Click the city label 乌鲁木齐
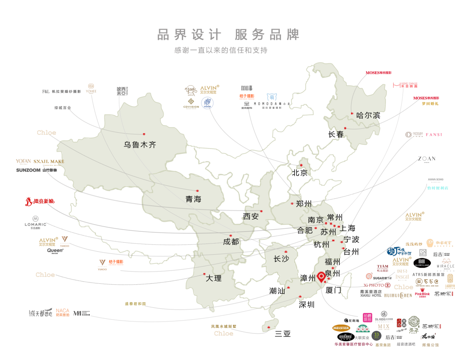pyautogui.click(x=140, y=145)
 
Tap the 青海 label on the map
pyautogui.click(x=193, y=199)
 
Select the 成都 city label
pyautogui.click(x=231, y=242)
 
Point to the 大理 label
pyautogui.click(x=214, y=278)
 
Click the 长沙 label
pyautogui.click(x=281, y=259)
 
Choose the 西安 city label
pyautogui.click(x=251, y=217)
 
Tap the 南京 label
pyautogui.click(x=315, y=220)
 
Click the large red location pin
pyautogui.click(x=321, y=277)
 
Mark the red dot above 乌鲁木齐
pyautogui.click(x=144, y=134)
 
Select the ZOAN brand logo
pyautogui.click(x=426, y=159)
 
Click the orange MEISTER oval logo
pyautogui.click(x=341, y=328)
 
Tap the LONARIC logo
pyautogui.click(x=36, y=225)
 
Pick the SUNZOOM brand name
pyautogui.click(x=28, y=170)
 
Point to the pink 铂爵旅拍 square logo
pyautogui.click(x=367, y=317)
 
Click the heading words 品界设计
pyautogui.click(x=189, y=35)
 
